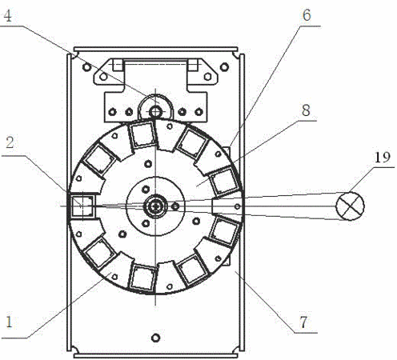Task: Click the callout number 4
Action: click(x=8, y=16)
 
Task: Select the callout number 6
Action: click(x=307, y=15)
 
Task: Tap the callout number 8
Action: click(x=307, y=110)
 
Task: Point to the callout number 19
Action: click(x=383, y=158)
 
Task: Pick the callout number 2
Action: click(x=10, y=142)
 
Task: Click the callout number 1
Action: click(x=10, y=322)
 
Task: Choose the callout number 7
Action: click(x=304, y=322)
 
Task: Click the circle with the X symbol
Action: click(x=350, y=206)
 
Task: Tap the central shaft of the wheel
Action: click(x=155, y=206)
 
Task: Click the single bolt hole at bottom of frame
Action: click(x=155, y=338)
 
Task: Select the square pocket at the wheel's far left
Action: click(x=83, y=206)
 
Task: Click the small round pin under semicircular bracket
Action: click(x=155, y=111)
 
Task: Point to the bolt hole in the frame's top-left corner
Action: click(x=86, y=66)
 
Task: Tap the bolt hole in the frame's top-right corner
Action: click(x=225, y=66)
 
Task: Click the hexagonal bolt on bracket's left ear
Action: click(x=103, y=77)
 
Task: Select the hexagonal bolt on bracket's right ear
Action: click(x=207, y=77)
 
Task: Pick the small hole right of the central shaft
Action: click(x=175, y=206)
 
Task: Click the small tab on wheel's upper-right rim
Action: click(x=227, y=152)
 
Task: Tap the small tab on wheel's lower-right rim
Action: click(x=227, y=260)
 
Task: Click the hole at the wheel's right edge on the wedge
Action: click(x=237, y=206)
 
